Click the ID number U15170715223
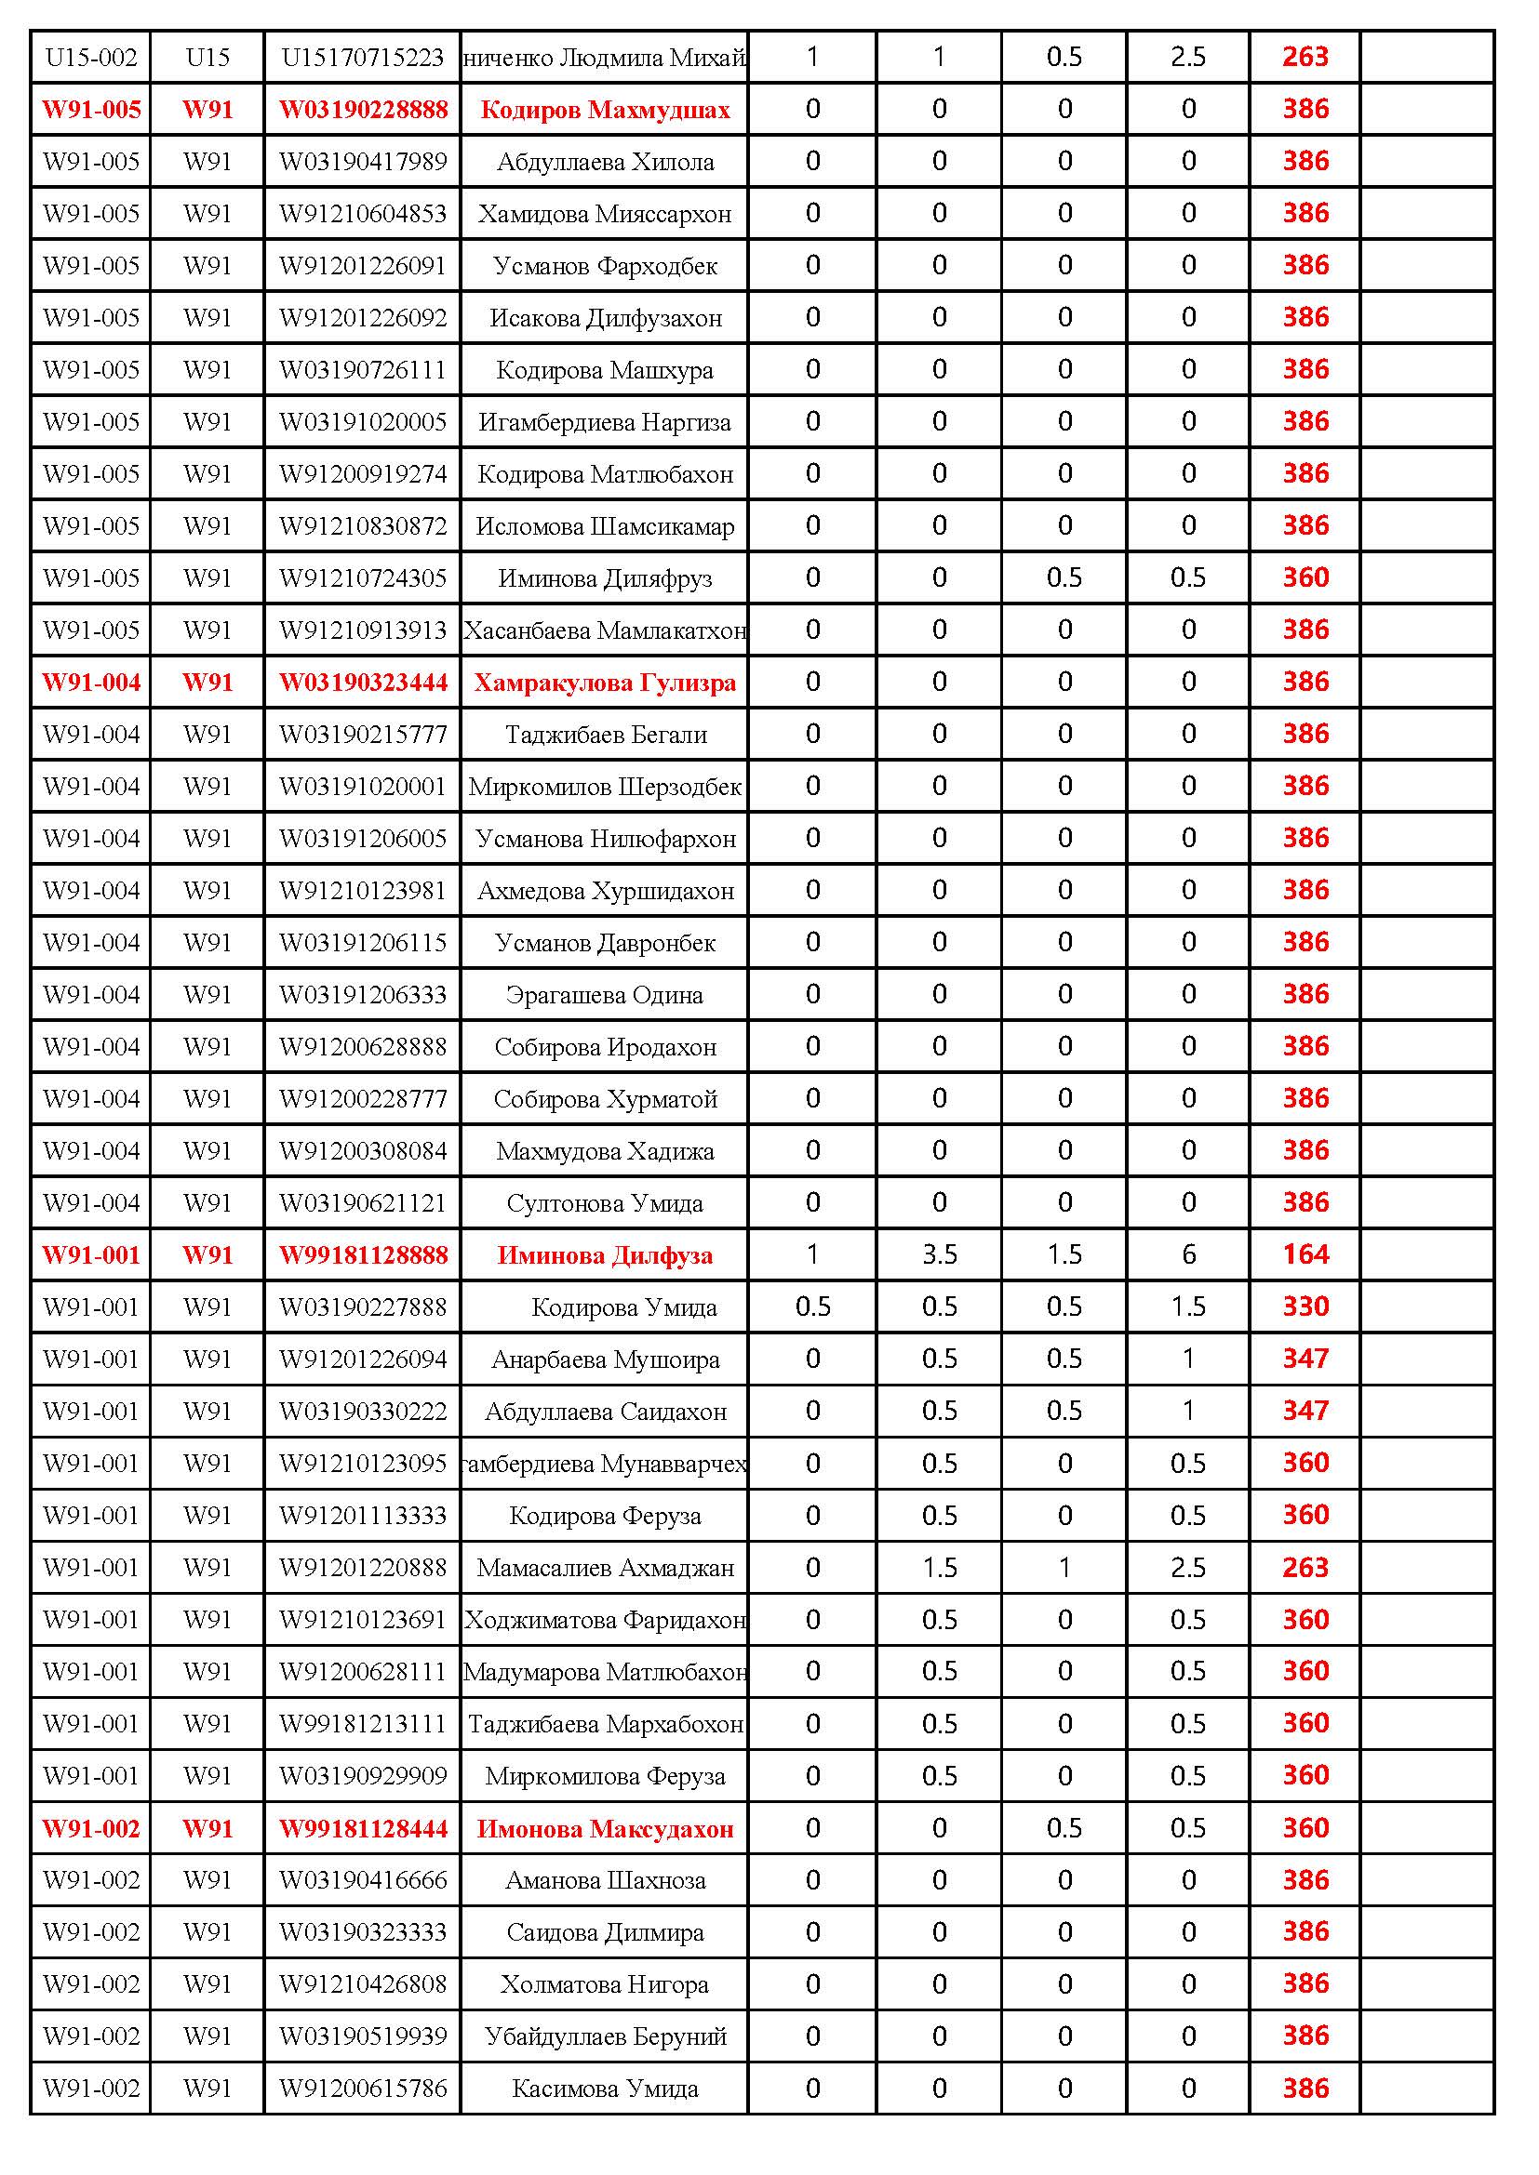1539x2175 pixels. coord(363,58)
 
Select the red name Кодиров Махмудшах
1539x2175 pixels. coord(606,110)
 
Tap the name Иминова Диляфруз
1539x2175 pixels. coord(606,578)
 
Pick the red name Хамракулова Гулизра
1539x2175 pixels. coord(606,683)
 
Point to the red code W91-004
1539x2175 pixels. coord(92,683)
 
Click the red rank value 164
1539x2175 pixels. coord(1305,1255)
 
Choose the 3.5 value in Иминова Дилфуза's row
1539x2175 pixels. coord(939,1255)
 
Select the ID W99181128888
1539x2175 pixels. coord(363,1255)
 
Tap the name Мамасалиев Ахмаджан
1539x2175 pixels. coord(606,1568)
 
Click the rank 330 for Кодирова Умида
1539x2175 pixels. coord(1305,1307)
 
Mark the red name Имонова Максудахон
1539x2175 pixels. coord(606,1829)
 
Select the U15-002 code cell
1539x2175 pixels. coord(92,58)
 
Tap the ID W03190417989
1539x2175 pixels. coord(363,162)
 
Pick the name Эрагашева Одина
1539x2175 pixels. coord(606,996)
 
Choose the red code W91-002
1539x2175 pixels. coord(92,1829)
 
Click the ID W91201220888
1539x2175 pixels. coord(363,1568)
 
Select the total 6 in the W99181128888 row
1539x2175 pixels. coord(1188,1255)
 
